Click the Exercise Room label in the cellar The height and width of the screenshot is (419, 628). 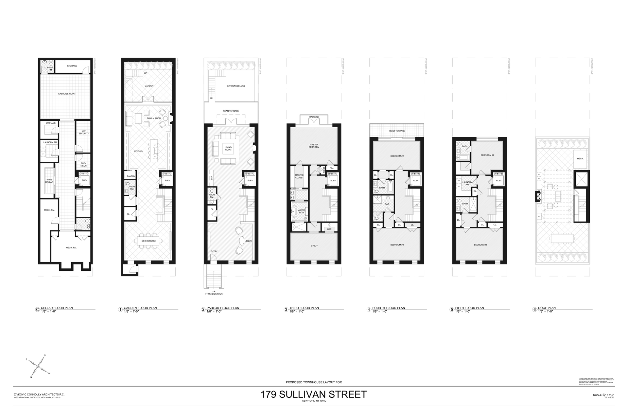pos(67,94)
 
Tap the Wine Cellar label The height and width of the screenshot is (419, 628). pos(49,181)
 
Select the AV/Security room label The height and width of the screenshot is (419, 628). pos(84,132)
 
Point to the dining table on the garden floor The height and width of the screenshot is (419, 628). pos(148,241)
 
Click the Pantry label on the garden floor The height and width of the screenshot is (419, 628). pos(131,176)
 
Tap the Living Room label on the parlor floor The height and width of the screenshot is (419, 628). pos(228,148)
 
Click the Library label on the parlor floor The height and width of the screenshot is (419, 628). pos(248,241)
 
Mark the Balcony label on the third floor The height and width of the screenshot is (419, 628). pos(314,117)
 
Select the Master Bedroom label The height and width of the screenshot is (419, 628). pos(314,146)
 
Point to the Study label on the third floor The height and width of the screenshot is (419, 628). pos(314,246)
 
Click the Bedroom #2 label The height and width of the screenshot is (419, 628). pos(397,156)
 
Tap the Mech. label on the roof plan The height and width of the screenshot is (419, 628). pos(580,158)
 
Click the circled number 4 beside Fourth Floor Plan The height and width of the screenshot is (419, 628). pos(369,309)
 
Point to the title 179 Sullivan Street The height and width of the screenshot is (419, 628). pos(313,394)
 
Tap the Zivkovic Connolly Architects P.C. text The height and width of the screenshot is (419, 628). pos(39,394)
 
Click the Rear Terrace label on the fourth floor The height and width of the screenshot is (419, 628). pos(397,131)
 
